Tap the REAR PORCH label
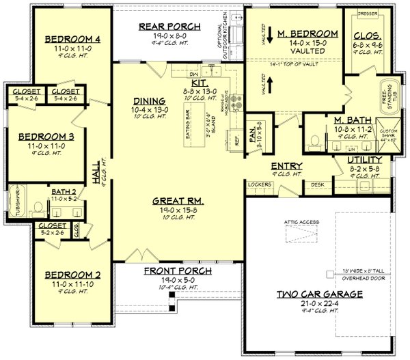(x=169, y=27)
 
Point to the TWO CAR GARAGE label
(x=319, y=294)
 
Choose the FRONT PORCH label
(x=177, y=271)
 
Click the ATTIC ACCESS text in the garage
(x=299, y=222)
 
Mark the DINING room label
(x=148, y=101)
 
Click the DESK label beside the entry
(x=317, y=184)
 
